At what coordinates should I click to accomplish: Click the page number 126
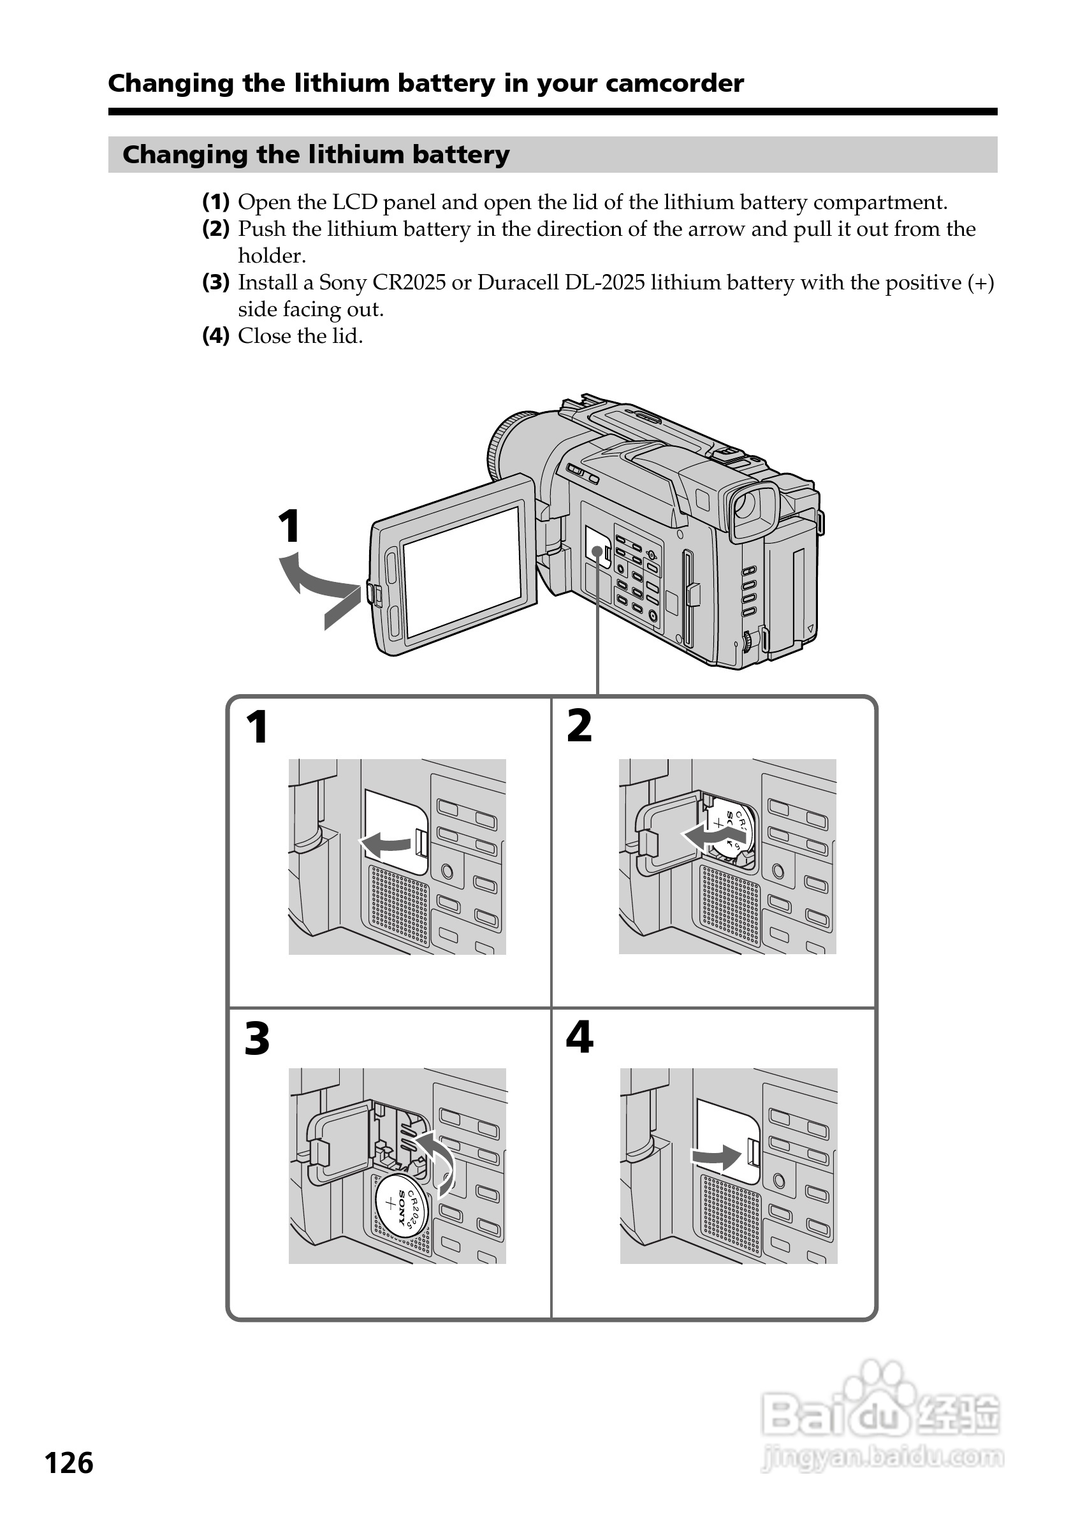pos(69,1463)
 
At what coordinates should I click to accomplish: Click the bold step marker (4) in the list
pos(215,337)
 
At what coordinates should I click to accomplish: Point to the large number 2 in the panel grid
pos(579,726)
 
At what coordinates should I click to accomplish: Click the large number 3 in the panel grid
pos(257,1039)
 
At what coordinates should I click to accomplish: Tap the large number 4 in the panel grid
pos(579,1037)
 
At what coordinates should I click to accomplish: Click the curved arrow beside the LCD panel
pos(317,581)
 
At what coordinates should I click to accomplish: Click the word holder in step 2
pos(271,256)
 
